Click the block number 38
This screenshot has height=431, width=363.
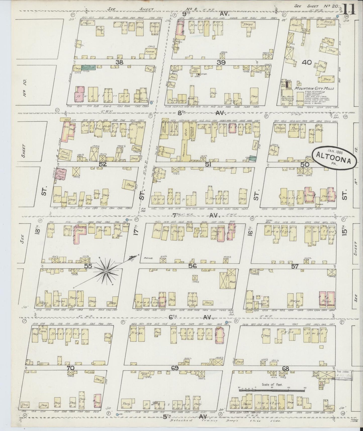click(x=119, y=62)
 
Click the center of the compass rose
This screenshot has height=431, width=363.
click(x=106, y=271)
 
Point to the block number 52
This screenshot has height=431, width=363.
click(x=103, y=164)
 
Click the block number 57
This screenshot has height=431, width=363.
click(x=294, y=266)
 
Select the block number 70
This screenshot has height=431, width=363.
click(x=71, y=368)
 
